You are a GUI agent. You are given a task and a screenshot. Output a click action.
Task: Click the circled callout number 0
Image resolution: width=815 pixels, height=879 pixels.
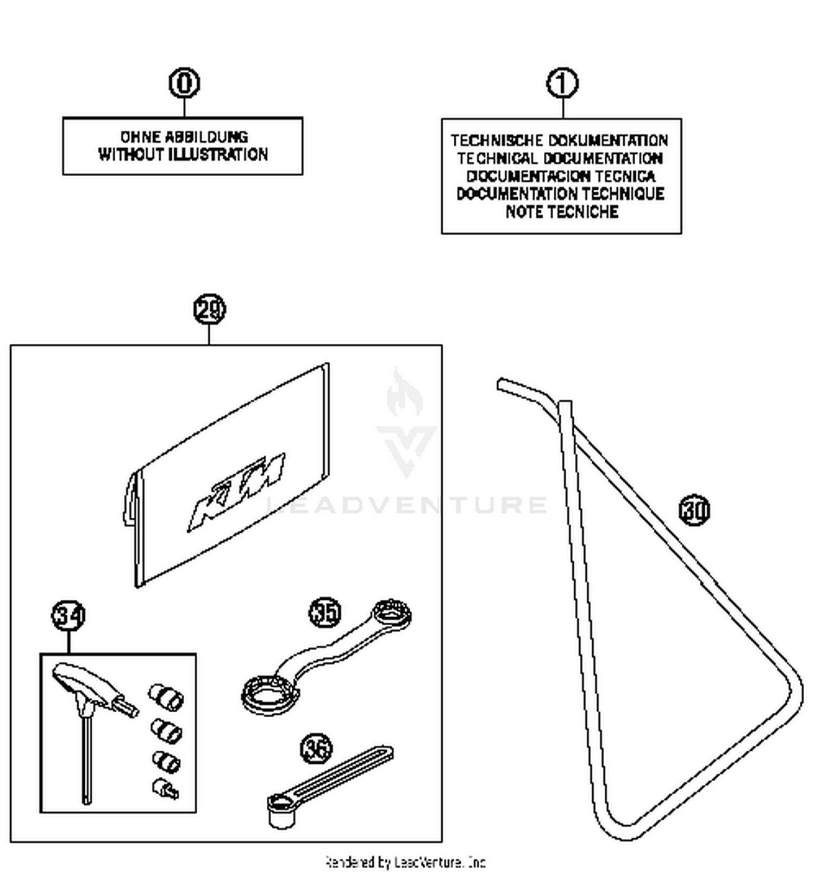184,83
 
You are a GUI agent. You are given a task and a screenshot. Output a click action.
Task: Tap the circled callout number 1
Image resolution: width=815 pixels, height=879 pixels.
562,83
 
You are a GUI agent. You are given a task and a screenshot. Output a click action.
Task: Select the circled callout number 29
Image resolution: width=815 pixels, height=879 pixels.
209,309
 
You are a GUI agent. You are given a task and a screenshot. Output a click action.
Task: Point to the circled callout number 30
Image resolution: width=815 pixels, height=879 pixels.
694,510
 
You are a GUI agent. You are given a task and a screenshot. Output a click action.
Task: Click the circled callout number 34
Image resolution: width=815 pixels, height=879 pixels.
68,616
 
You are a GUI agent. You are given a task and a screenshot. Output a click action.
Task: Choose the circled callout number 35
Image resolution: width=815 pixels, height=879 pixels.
325,612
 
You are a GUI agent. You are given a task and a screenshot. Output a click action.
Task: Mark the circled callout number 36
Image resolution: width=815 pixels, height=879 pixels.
316,749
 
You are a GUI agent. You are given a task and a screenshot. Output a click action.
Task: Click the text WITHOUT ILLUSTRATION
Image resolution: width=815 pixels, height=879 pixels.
183,155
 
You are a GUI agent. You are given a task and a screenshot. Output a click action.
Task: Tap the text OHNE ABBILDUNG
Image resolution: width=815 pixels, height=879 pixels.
184,136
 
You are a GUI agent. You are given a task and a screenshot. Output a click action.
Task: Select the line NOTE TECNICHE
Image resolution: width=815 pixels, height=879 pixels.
562,212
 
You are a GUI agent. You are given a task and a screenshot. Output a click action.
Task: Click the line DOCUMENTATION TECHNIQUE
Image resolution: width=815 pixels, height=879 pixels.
561,194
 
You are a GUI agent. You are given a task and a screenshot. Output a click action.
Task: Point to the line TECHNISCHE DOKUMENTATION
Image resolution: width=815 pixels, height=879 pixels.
560,141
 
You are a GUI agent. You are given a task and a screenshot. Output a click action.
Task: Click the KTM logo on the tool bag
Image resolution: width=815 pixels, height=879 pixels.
236,492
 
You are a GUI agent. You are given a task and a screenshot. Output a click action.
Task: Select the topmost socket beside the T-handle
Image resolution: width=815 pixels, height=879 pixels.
166,696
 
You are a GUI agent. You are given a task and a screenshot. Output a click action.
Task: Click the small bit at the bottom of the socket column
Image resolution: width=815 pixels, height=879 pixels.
165,789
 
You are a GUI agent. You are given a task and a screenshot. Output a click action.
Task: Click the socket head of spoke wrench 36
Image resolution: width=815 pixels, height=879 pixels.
281,811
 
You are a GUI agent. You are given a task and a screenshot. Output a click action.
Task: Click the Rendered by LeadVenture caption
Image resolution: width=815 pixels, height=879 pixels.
405,862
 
